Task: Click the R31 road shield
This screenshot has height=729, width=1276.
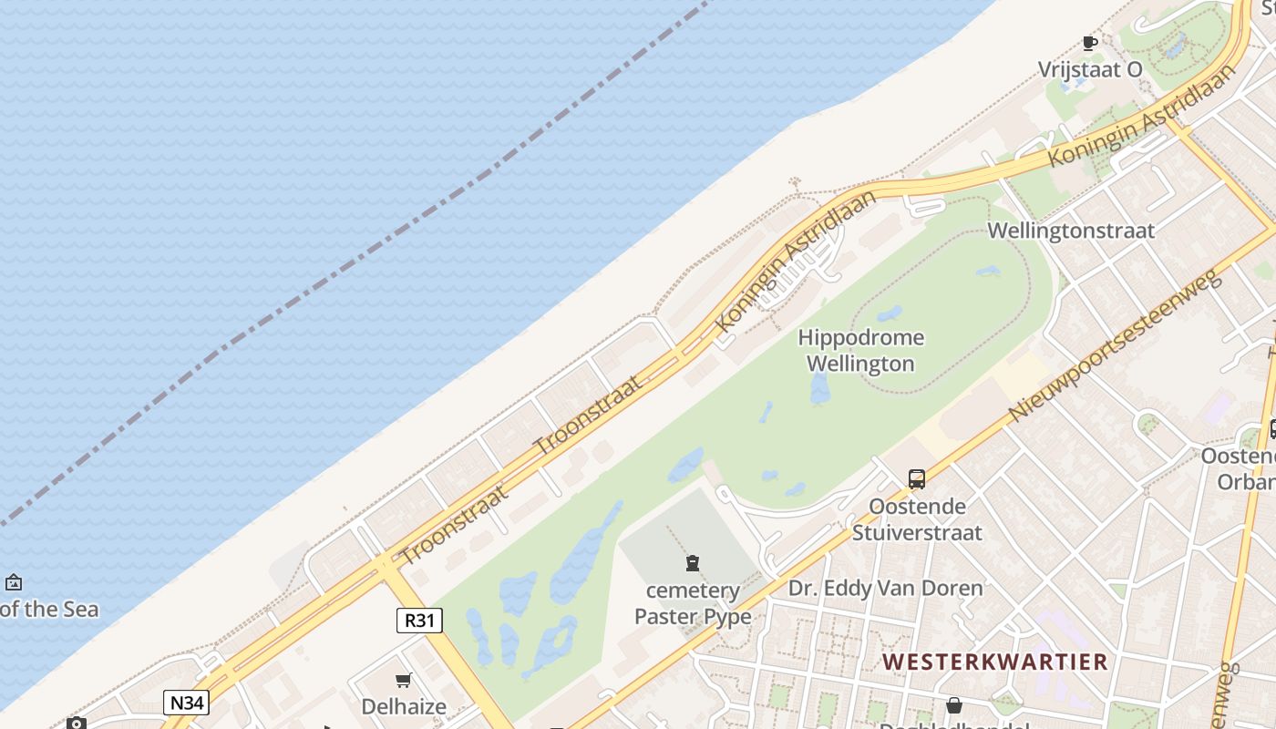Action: pyautogui.click(x=419, y=621)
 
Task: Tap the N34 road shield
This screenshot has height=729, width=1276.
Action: pyautogui.click(x=187, y=703)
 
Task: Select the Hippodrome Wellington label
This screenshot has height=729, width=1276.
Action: pyautogui.click(x=860, y=351)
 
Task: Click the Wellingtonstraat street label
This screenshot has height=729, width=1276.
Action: pyautogui.click(x=1071, y=231)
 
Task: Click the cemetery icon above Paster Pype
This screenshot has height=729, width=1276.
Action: pyautogui.click(x=693, y=563)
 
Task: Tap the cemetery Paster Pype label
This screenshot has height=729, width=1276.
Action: pyautogui.click(x=693, y=604)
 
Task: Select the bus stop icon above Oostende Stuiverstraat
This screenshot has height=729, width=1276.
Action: pyautogui.click(x=917, y=478)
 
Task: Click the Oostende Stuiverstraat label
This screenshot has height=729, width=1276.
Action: pyautogui.click(x=917, y=519)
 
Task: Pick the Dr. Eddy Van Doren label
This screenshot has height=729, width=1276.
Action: pyautogui.click(x=886, y=589)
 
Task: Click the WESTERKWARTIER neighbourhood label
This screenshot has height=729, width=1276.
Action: pyautogui.click(x=995, y=662)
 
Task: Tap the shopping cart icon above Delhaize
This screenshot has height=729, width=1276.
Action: pyautogui.click(x=404, y=680)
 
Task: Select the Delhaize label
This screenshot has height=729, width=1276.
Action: pyautogui.click(x=404, y=706)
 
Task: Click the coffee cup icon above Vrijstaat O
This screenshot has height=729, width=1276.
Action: pyautogui.click(x=1089, y=42)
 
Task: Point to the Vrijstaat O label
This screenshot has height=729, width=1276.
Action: pyautogui.click(x=1090, y=70)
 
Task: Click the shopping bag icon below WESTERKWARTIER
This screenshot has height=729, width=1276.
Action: pyautogui.click(x=953, y=705)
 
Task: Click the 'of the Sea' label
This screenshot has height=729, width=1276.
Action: pyautogui.click(x=49, y=610)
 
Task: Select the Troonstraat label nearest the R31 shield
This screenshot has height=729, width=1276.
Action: pyautogui.click(x=453, y=524)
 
